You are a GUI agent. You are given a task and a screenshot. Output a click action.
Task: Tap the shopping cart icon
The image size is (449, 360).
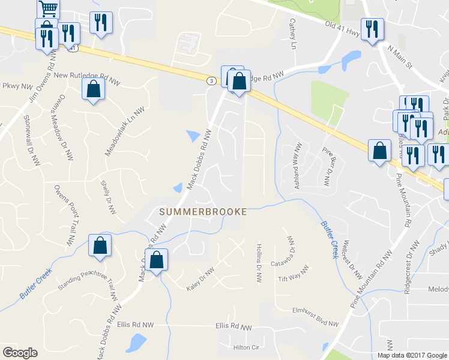pyautogui.click(x=48, y=8)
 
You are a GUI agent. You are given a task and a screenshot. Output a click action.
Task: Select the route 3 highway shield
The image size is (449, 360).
pyautogui.click(x=211, y=80)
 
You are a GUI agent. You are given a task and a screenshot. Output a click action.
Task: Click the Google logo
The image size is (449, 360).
pyautogui.click(x=20, y=353)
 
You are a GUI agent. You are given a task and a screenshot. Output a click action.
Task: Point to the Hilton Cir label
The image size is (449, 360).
pyautogui.click(x=246, y=347)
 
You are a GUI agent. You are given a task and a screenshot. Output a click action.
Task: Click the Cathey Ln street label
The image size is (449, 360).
pyautogui.click(x=293, y=34)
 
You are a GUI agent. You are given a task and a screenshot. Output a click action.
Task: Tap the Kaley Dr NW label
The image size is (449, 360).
pyautogui.click(x=200, y=280)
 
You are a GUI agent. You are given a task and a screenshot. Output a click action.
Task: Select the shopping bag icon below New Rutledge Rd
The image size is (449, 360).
pyautogui.click(x=94, y=90)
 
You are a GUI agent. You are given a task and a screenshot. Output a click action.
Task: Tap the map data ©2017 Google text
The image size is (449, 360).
pyautogui.click(x=412, y=355)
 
